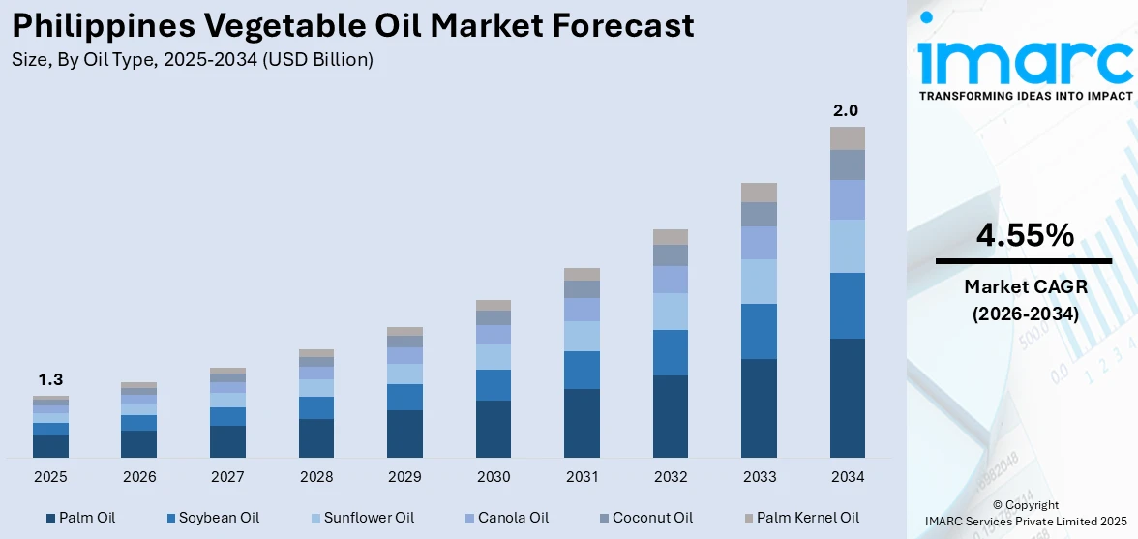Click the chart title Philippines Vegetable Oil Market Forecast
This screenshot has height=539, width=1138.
click(353, 25)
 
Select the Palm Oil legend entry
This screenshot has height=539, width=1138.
click(86, 518)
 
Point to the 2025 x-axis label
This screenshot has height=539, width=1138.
click(50, 477)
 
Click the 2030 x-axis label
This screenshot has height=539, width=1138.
click(494, 477)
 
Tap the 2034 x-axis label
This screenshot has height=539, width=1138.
click(848, 477)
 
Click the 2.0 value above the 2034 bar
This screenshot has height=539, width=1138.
click(846, 111)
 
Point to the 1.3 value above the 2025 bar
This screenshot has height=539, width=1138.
click(50, 379)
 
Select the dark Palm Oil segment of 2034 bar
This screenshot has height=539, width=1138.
click(848, 398)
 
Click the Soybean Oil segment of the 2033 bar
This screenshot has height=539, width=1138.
click(759, 331)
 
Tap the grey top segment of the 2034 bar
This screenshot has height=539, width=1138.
click(848, 137)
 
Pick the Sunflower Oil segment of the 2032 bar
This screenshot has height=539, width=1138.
click(671, 311)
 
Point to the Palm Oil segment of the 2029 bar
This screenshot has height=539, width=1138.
click(404, 434)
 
